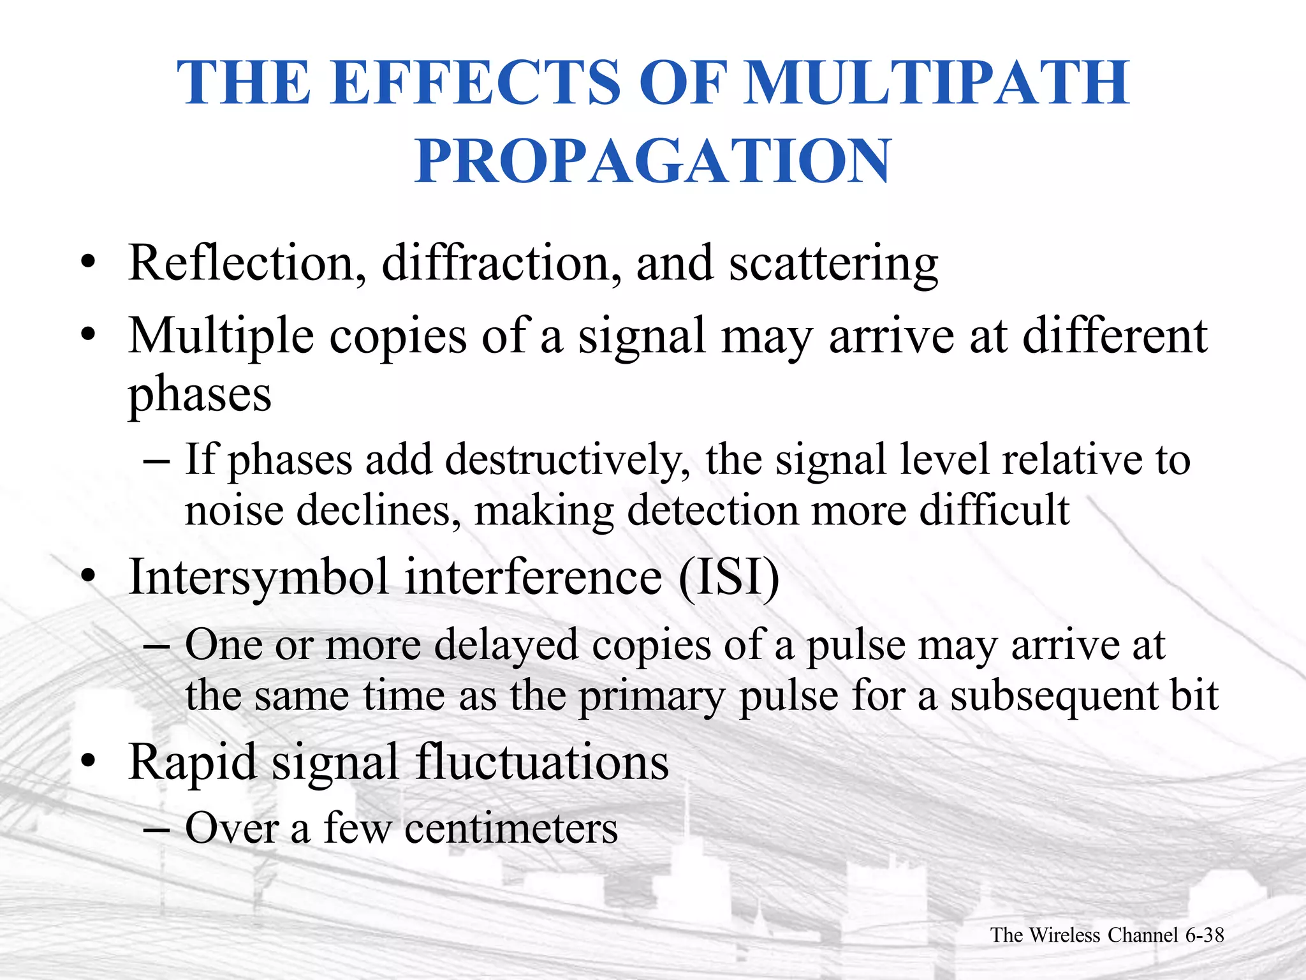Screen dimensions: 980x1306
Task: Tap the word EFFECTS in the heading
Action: [x=476, y=83]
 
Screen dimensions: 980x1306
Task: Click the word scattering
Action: [x=833, y=264]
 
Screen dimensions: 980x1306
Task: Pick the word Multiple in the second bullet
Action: [x=221, y=337]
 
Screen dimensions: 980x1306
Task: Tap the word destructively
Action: [x=567, y=461]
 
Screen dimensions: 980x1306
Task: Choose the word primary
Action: [x=652, y=697]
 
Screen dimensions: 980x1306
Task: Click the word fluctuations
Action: [x=541, y=762]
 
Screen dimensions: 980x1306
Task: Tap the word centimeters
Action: [x=511, y=829]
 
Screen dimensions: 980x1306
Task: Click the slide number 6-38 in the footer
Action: [x=1204, y=935]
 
